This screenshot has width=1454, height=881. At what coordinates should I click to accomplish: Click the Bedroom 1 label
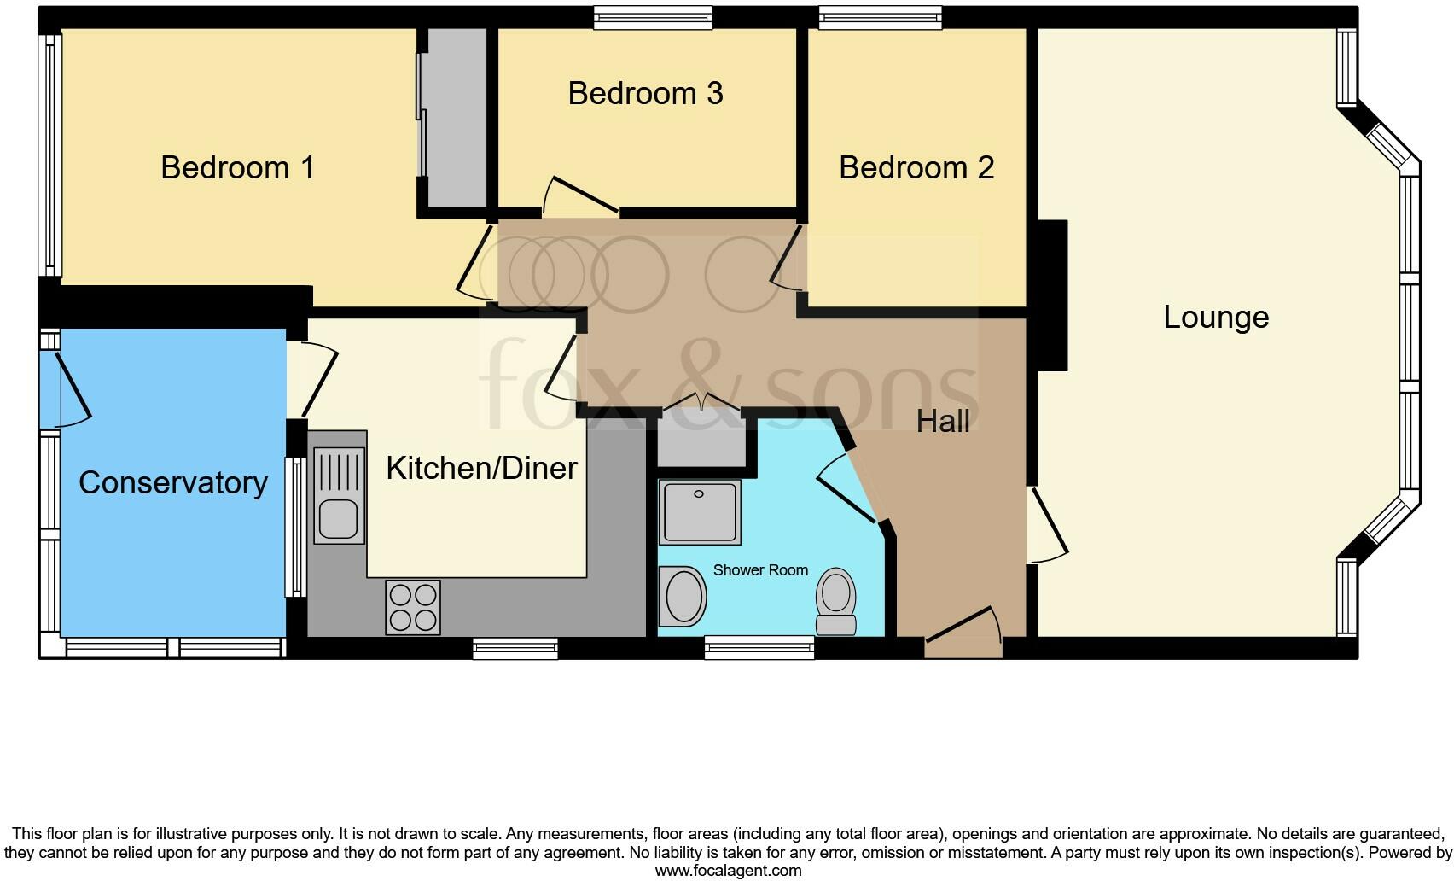click(237, 167)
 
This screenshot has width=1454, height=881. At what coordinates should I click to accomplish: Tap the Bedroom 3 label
click(645, 93)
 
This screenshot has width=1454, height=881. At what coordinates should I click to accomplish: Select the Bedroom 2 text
click(916, 167)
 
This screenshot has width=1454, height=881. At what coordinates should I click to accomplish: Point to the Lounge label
click(1216, 317)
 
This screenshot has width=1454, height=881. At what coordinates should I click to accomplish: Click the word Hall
click(943, 421)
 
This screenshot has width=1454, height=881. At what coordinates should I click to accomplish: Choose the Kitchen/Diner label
click(481, 468)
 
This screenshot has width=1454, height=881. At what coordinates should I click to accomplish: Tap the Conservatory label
click(173, 482)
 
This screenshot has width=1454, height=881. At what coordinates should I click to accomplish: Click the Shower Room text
click(760, 570)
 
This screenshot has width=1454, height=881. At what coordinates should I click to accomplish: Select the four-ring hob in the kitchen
click(413, 607)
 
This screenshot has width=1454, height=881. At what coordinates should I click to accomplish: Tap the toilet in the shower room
click(836, 601)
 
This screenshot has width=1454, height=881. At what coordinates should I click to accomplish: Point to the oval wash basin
click(683, 596)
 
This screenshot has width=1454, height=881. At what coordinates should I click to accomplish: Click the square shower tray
click(700, 511)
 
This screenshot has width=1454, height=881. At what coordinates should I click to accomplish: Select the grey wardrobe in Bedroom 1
click(457, 118)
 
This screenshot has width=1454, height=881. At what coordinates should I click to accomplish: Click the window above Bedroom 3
click(653, 18)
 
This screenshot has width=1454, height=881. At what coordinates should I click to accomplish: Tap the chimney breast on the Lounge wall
click(1052, 295)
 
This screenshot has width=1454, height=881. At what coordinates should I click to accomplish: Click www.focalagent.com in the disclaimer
click(728, 871)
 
